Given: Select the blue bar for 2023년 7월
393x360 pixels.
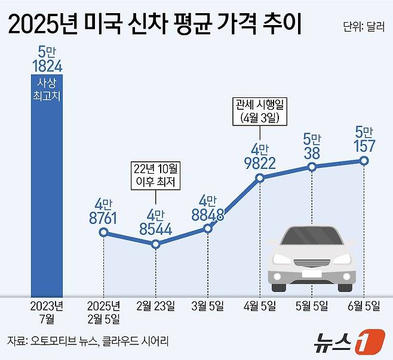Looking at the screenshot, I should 47,197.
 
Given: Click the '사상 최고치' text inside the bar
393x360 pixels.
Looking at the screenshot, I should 47,90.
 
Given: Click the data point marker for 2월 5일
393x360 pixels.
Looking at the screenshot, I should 103,232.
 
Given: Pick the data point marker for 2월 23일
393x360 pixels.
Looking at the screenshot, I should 155,244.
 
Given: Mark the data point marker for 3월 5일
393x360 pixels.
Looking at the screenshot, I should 208,228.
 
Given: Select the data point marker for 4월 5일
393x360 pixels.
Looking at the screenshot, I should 260,178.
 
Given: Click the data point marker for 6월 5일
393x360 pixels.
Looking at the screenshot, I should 364,161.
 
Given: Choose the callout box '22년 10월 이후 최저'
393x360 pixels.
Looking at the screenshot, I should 155,174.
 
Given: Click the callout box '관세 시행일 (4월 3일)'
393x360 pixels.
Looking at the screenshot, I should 260,111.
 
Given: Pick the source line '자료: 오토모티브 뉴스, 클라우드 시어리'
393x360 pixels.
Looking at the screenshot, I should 88,341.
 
